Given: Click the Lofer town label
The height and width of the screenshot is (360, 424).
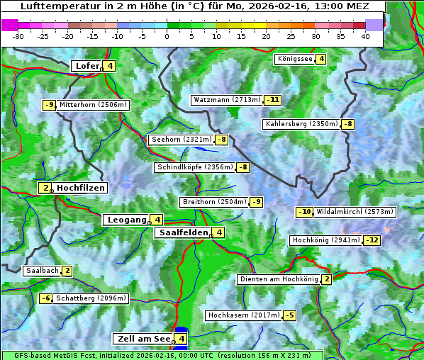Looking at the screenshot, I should pos(87,66).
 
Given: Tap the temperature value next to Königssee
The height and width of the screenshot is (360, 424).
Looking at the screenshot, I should pos(321,59).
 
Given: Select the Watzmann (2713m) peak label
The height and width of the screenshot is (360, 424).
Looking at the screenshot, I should pos(227,100).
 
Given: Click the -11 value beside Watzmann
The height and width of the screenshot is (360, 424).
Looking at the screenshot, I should pos(273,100).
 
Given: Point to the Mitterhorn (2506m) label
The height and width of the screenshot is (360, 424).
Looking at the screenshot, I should pos(93,105).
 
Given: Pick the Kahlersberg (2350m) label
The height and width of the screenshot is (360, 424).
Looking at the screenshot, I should pos(301,124).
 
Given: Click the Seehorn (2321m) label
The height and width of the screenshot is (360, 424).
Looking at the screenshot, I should pos(182,140).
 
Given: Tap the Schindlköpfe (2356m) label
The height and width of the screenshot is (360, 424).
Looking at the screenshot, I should pos(194,167).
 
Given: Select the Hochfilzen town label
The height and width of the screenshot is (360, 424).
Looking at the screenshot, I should pos(81,188).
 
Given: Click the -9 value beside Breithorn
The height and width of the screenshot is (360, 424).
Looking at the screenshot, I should pos(257,202).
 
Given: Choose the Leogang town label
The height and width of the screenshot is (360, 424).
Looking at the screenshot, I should pos(126,220).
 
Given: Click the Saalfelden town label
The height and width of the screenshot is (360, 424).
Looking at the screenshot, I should pos(183,232).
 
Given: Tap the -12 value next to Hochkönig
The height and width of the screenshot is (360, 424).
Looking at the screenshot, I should pos(372,240).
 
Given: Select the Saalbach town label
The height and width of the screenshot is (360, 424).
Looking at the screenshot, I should pos(42,270).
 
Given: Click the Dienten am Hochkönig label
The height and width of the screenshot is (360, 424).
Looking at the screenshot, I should pos(279,279).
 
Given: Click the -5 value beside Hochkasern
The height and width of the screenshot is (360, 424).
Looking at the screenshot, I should pos(289,315).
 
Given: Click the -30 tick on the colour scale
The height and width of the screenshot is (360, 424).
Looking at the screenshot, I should pos(18,35).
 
